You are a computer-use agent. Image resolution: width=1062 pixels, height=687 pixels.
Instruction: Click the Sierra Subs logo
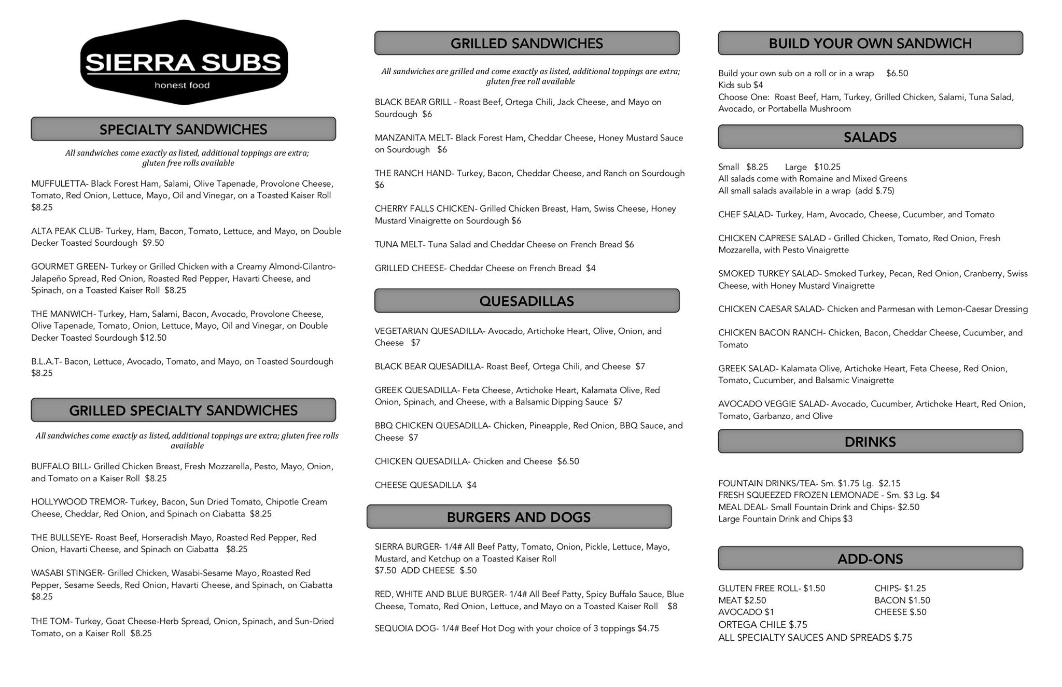[x=184, y=63]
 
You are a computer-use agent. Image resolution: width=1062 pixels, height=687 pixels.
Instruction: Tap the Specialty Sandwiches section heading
[x=183, y=129]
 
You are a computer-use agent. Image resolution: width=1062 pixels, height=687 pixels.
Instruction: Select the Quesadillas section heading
[x=526, y=301]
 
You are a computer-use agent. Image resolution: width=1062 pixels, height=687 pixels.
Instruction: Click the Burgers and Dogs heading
[x=519, y=517]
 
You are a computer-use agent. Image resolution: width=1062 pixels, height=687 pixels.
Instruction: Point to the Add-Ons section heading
[x=870, y=558]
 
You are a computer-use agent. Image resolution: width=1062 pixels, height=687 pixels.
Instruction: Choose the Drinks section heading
[x=870, y=442]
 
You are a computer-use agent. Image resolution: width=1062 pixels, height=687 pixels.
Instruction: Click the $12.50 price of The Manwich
[x=153, y=338]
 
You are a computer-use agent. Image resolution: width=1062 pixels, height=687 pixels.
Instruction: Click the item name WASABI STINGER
[x=66, y=573]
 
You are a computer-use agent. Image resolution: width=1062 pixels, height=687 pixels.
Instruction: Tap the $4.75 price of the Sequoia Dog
[x=648, y=629]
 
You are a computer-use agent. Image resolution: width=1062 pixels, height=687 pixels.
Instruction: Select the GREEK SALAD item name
[x=746, y=369]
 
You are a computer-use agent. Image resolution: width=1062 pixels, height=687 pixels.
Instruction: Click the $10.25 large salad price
[x=827, y=167]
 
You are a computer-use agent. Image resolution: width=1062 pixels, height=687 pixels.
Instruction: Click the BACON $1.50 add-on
[x=902, y=601]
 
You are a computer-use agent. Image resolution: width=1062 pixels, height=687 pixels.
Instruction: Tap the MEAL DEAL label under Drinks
[x=742, y=508]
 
